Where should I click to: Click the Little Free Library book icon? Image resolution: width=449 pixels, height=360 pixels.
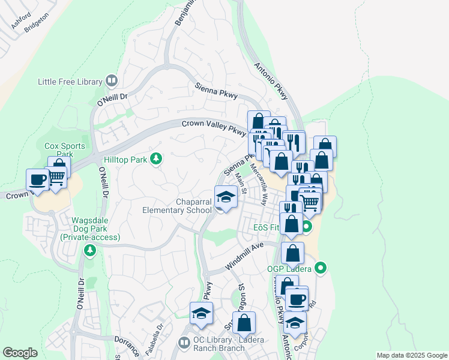[x=112, y=80]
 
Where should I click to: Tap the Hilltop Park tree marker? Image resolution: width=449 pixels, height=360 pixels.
[x=156, y=159]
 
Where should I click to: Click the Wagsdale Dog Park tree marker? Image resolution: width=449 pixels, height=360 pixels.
[x=90, y=249]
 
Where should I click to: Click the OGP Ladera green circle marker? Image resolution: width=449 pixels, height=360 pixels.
[x=321, y=268]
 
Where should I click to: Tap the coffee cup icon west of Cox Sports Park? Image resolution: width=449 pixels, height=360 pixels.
[x=38, y=179]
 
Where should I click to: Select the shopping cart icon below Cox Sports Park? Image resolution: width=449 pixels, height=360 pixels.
[x=57, y=177]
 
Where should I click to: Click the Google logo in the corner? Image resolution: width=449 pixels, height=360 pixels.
[x=20, y=353]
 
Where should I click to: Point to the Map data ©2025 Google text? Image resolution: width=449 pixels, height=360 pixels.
[x=411, y=355]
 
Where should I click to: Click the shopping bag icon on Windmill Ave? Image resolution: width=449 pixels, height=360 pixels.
[x=292, y=253]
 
